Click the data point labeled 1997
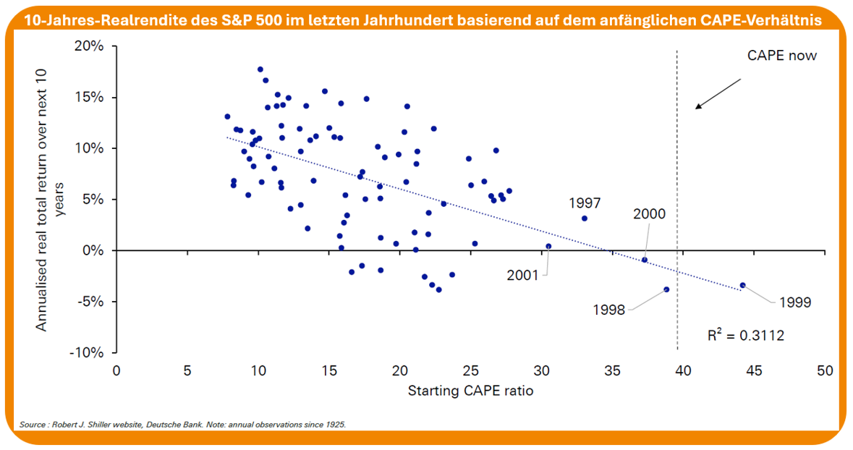tap(585, 218)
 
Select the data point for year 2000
tap(645, 260)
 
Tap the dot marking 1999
tap(742, 285)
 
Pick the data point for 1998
tap(666, 289)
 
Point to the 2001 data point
tap(548, 246)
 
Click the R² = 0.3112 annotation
tap(745, 336)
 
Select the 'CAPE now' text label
tap(781, 56)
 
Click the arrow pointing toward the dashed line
tap(718, 93)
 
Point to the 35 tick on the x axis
tap(613, 370)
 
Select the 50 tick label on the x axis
tap(825, 370)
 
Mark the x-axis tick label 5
tap(187, 370)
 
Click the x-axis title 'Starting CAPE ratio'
tap(470, 391)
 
